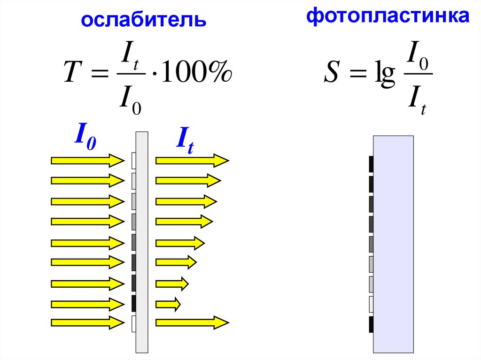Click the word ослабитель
point(144,20)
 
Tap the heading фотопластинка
point(388,16)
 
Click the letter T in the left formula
point(70,75)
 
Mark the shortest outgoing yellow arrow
point(168,304)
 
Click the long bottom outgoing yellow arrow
point(192,322)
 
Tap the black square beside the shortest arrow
point(134,304)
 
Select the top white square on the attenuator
point(134,161)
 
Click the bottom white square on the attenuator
point(134,323)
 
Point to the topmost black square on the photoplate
point(371,164)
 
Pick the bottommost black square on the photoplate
point(371,324)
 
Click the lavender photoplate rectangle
point(394,244)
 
